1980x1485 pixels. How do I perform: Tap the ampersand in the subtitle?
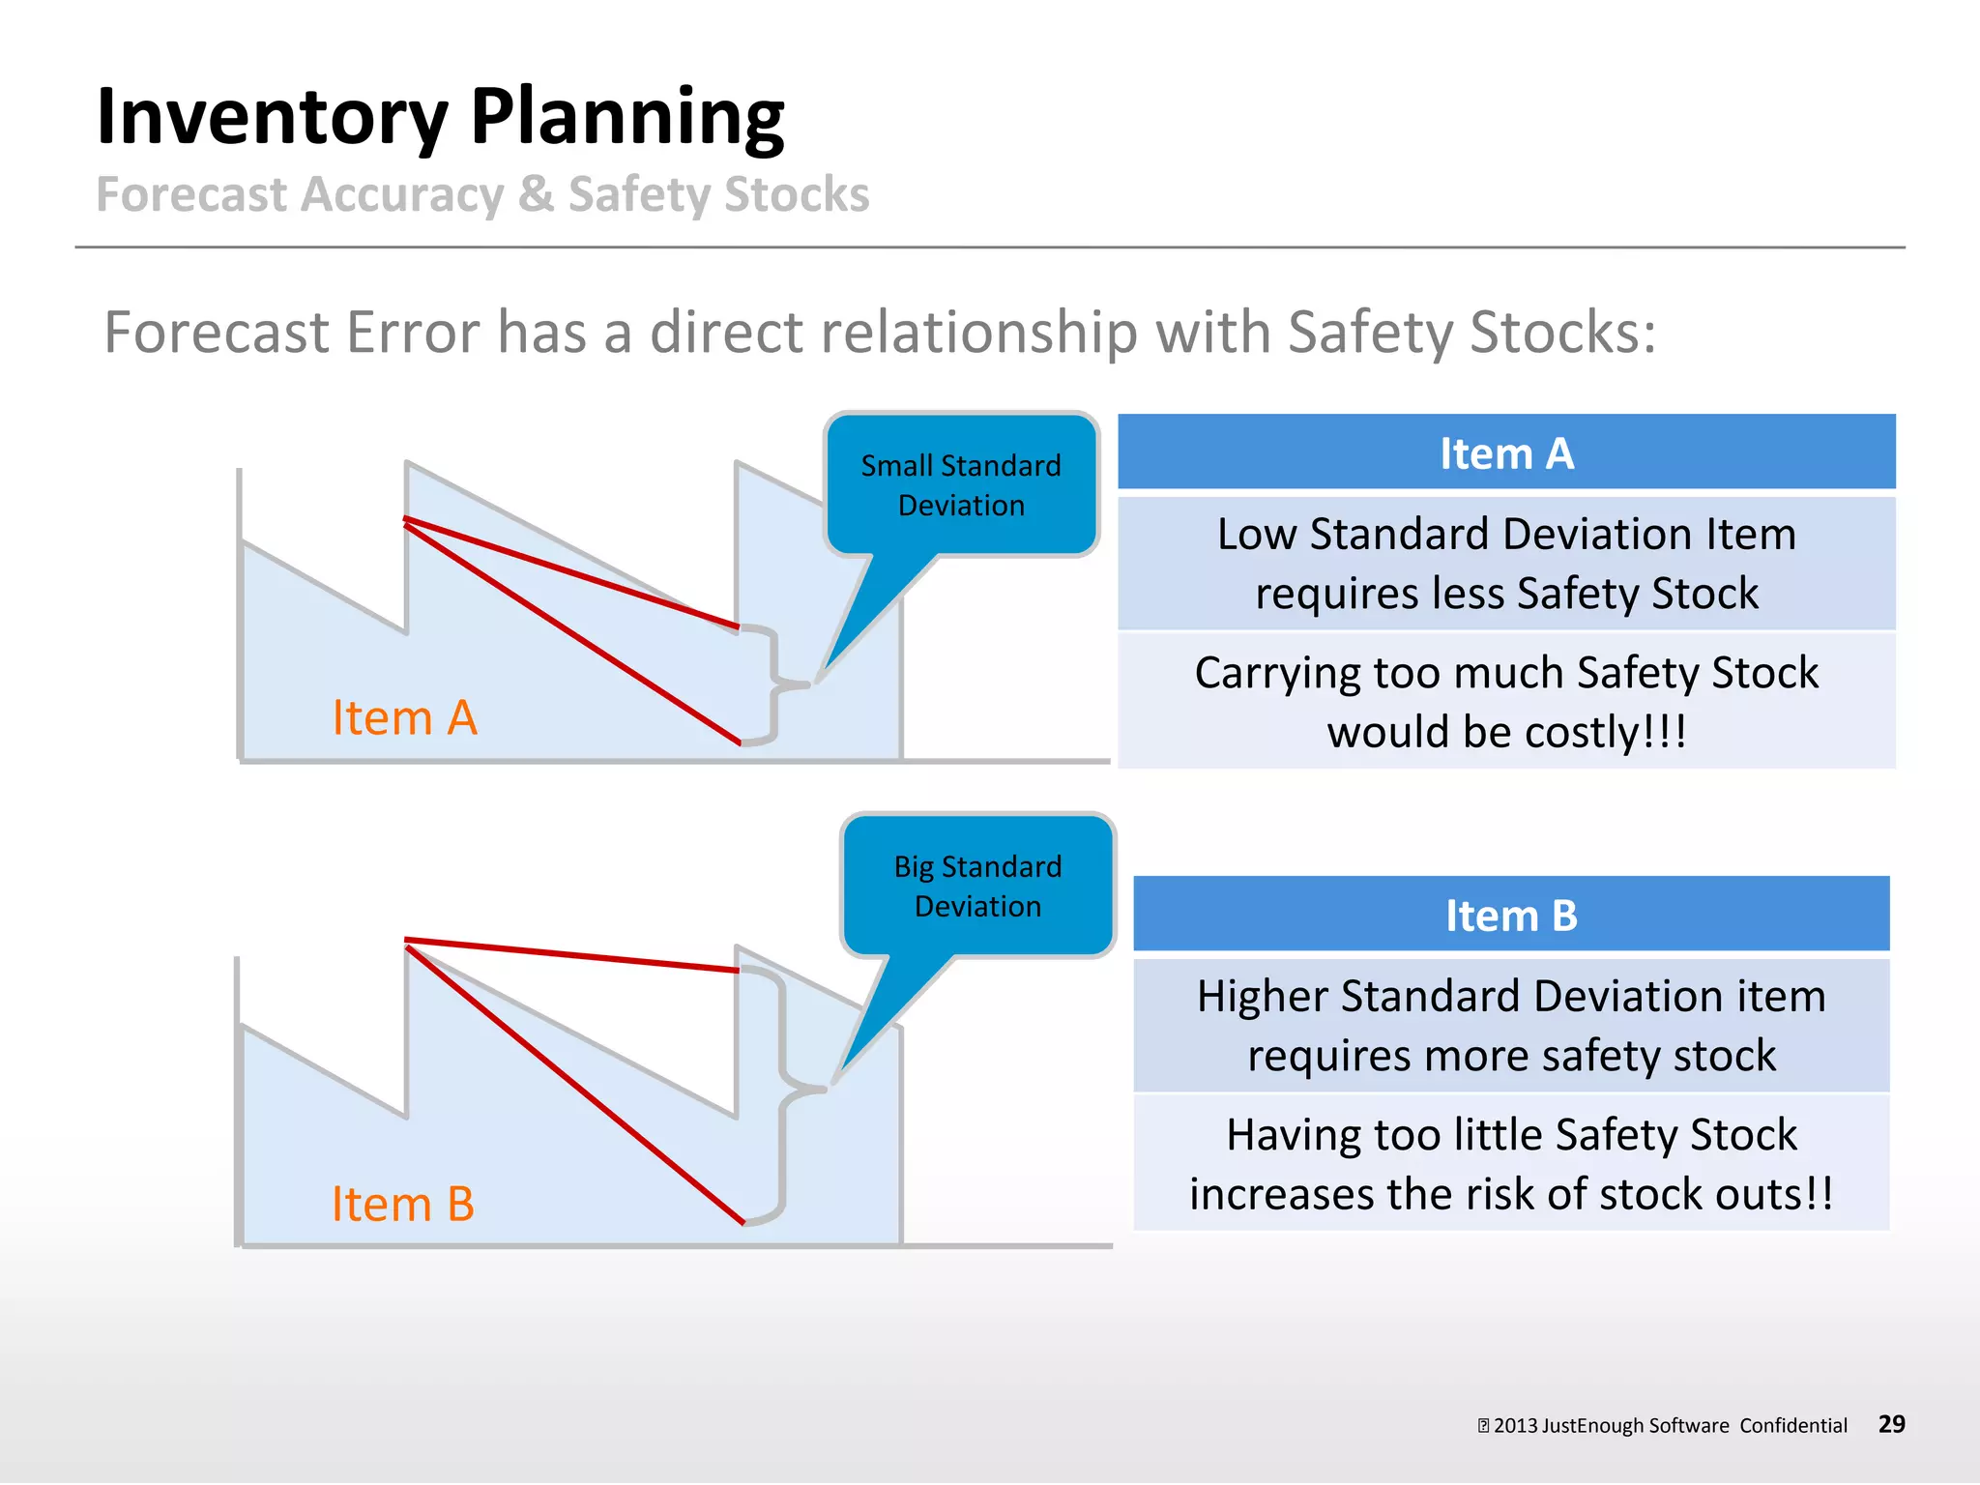coord(535,194)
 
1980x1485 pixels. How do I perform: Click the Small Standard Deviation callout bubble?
coord(961,485)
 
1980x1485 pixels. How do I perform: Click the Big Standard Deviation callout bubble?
coord(977,887)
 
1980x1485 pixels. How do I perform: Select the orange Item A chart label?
coord(404,718)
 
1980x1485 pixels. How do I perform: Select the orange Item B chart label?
coord(402,1205)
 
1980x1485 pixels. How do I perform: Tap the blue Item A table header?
coord(1506,452)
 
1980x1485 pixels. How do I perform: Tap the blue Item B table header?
coord(1510,915)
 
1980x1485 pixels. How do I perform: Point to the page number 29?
coord(1891,1423)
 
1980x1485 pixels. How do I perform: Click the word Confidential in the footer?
coord(1792,1425)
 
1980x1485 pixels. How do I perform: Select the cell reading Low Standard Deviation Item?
coord(1506,563)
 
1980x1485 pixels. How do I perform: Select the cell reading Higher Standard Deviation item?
coord(1510,1025)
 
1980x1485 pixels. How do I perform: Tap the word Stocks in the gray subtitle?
coord(797,194)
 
